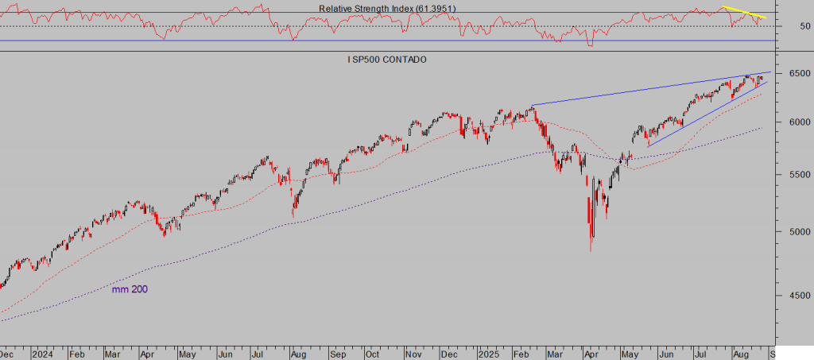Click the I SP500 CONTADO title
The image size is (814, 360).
point(387,60)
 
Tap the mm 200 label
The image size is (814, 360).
point(130,289)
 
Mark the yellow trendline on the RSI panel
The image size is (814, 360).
point(743,12)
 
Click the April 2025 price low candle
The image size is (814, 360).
point(591,248)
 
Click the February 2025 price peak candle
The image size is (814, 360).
point(532,106)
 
